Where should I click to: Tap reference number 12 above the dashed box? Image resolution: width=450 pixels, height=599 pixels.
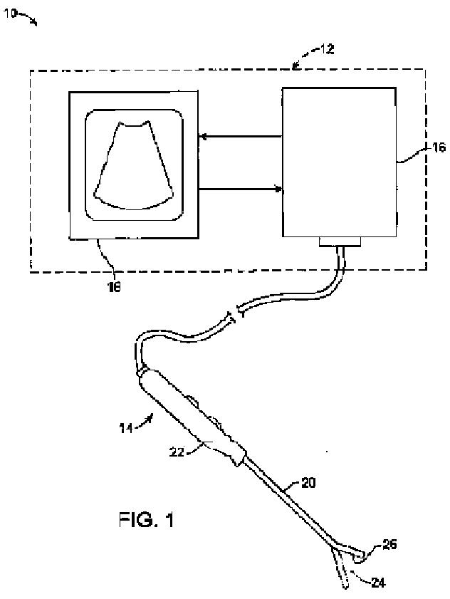tap(326, 50)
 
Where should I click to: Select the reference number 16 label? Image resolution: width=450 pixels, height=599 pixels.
tap(419, 148)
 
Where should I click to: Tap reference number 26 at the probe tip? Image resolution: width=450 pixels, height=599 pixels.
tap(389, 545)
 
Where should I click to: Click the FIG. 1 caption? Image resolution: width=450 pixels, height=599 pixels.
tap(146, 519)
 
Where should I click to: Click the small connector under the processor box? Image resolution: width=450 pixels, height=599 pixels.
tap(340, 242)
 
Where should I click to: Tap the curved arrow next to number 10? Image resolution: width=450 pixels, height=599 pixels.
tap(31, 21)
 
